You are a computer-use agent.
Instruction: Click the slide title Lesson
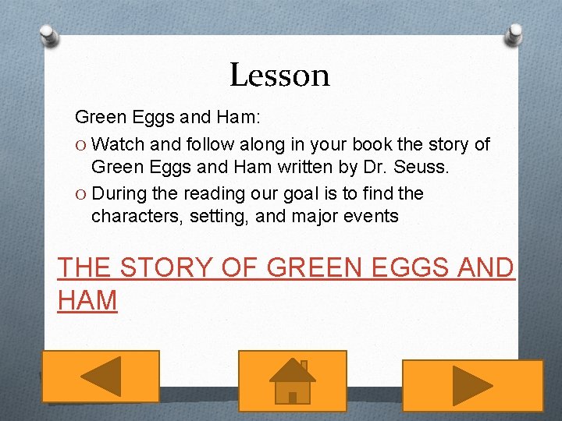pyautogui.click(x=279, y=75)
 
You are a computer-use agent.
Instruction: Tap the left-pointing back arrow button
pyautogui.click(x=100, y=377)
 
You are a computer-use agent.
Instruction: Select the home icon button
pyautogui.click(x=292, y=380)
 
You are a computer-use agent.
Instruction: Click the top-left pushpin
pyautogui.click(x=48, y=34)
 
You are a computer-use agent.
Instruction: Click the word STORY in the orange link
pyautogui.click(x=164, y=267)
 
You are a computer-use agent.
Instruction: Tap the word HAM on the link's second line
pyautogui.click(x=87, y=299)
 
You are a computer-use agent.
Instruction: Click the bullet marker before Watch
pyautogui.click(x=80, y=144)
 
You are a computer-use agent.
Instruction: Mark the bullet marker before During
pyautogui.click(x=80, y=193)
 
